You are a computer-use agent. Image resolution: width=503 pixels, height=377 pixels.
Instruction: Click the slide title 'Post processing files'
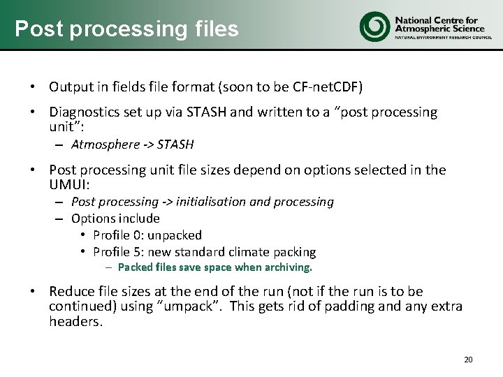pyautogui.click(x=126, y=29)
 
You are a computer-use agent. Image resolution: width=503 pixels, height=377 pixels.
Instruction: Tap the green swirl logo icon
pyautogui.click(x=374, y=26)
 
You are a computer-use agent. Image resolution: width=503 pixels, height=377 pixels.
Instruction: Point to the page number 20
pyautogui.click(x=468, y=360)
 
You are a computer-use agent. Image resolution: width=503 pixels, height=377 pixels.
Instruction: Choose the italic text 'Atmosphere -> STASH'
pyautogui.click(x=132, y=145)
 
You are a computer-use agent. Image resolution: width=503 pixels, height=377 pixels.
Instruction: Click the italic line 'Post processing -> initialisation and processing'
pyautogui.click(x=203, y=202)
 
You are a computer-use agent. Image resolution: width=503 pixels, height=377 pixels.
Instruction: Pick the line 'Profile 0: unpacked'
pyautogui.click(x=147, y=235)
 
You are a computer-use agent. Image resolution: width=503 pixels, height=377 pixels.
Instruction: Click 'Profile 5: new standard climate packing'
pyautogui.click(x=204, y=252)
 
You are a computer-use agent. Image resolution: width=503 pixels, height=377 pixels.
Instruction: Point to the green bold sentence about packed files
pyautogui.click(x=214, y=267)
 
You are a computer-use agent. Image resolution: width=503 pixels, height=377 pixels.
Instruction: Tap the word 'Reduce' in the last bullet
pyautogui.click(x=71, y=291)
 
